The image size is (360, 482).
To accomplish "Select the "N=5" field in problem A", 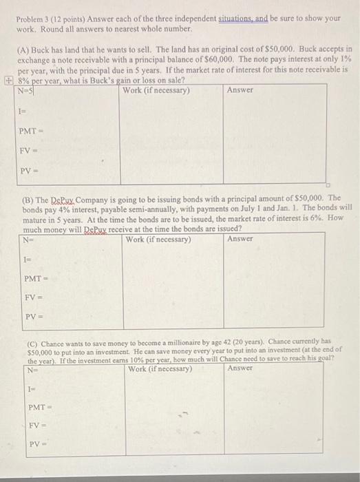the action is tap(26, 90).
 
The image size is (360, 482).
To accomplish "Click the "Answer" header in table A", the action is tap(240, 90).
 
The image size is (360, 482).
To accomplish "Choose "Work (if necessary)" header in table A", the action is tap(156, 90).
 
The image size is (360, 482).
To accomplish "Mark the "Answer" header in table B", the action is tap(240, 240).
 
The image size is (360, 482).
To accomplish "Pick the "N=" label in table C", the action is tap(32, 368).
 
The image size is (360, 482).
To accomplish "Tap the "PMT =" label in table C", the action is tap(39, 407).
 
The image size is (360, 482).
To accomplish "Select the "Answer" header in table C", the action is tap(240, 368).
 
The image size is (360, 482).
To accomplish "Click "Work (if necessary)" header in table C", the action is tap(160, 368).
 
